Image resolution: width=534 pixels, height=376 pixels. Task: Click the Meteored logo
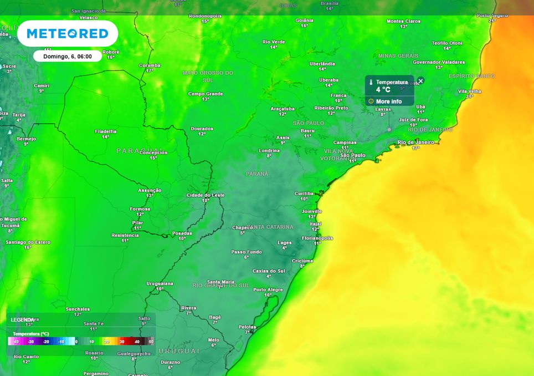[x=68, y=34]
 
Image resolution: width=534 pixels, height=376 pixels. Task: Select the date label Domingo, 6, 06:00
[x=68, y=56]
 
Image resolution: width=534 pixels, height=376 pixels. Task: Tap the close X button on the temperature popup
[x=420, y=81]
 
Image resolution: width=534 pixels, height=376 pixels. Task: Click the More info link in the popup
[x=388, y=101]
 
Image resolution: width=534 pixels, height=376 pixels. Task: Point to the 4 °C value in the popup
[x=383, y=89]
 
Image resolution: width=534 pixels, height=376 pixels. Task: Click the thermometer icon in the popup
[x=371, y=82]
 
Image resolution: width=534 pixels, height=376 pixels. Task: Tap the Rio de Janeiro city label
[x=415, y=142]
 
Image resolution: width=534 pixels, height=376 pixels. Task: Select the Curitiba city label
[x=304, y=193]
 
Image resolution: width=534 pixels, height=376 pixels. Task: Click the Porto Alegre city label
[x=268, y=289]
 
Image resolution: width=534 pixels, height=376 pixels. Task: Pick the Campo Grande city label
[x=206, y=94]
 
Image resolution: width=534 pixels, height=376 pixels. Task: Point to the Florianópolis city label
[x=317, y=238]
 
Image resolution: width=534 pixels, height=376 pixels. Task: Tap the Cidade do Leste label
[x=206, y=195]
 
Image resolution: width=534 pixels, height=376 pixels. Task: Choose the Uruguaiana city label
[x=160, y=283]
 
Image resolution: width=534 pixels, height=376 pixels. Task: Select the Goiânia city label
[x=304, y=20]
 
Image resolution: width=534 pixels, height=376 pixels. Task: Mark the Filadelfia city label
[x=105, y=131]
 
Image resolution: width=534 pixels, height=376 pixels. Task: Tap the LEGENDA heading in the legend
[x=22, y=320]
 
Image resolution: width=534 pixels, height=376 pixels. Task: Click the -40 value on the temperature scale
[x=16, y=342]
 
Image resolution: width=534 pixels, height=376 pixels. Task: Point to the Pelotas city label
[x=247, y=327]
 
